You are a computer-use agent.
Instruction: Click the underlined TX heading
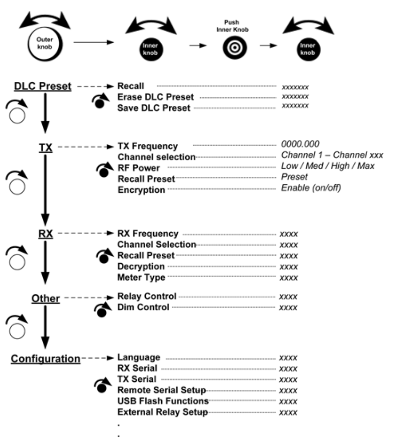(45, 148)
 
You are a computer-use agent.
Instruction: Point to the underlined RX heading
(45, 234)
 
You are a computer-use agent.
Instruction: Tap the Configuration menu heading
(45, 359)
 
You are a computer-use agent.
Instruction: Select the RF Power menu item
(139, 168)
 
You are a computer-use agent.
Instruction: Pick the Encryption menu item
(141, 190)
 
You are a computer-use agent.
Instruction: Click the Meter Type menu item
(141, 277)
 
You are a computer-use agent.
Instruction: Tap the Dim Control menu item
(143, 308)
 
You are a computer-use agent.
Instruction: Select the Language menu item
(139, 358)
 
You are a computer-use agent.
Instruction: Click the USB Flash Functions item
(163, 401)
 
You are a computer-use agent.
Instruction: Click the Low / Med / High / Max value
(328, 166)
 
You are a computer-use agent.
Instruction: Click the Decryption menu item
(141, 267)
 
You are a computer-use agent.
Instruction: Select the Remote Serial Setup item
(161, 390)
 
